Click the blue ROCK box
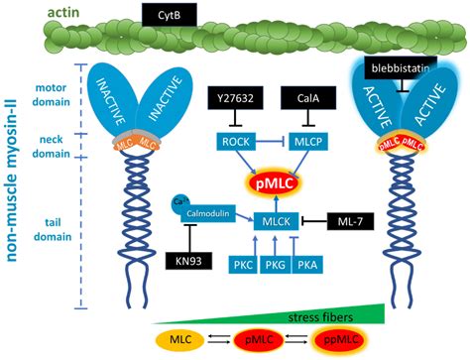[234, 141]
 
